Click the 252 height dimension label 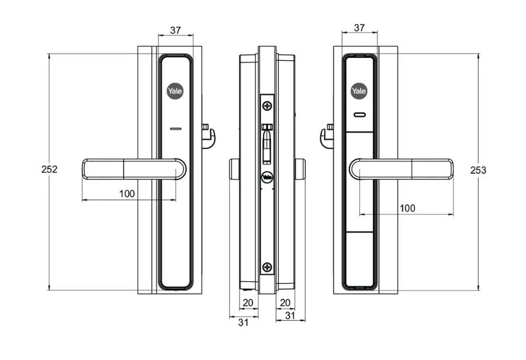[49, 169]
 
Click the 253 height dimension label [478, 170]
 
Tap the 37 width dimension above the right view [359, 27]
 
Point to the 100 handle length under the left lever [127, 193]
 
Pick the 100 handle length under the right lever [407, 208]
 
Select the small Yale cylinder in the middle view [267, 177]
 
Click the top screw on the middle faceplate [267, 106]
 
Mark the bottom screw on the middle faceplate [267, 267]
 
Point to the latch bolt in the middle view [267, 143]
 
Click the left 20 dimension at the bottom [247, 302]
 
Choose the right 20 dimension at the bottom [285, 302]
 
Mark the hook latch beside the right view [326, 136]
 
